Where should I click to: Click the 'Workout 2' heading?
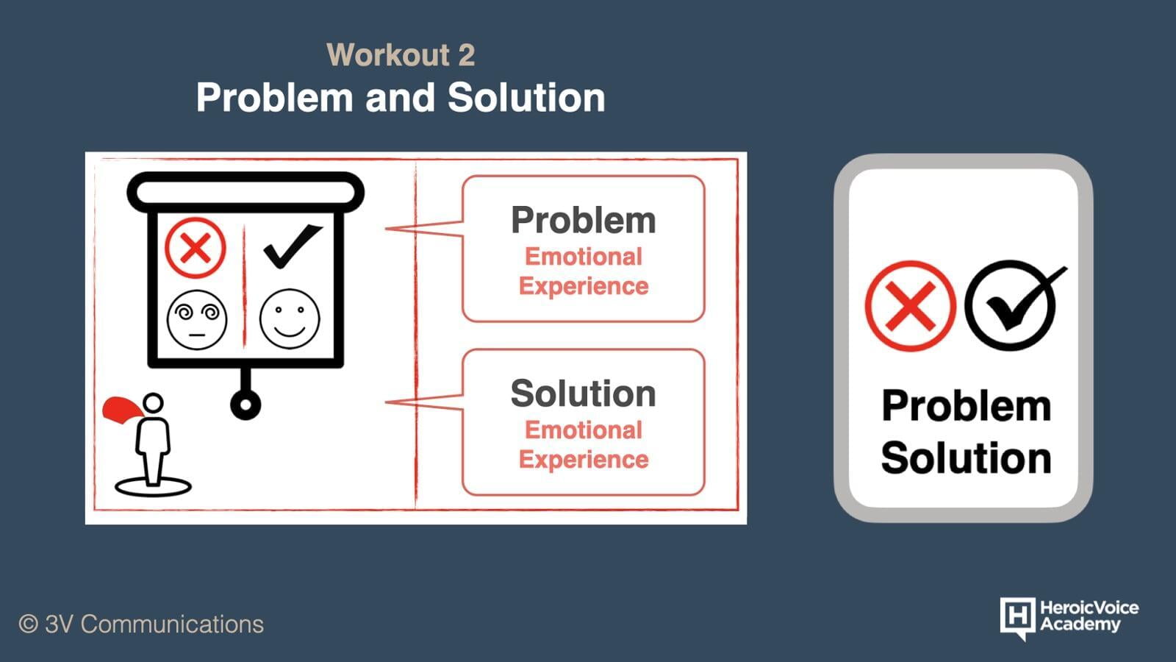[401, 54]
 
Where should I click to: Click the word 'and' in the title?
[400, 98]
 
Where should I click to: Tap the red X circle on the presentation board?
[196, 247]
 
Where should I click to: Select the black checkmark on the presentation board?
[293, 246]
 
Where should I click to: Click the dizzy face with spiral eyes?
[197, 319]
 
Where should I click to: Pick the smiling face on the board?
[290, 319]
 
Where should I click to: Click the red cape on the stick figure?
[123, 410]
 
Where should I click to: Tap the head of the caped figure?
[154, 404]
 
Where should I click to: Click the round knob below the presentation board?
[245, 405]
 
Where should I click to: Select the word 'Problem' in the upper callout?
[584, 220]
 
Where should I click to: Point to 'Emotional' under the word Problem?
[584, 257]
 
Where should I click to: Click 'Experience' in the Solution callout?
[584, 460]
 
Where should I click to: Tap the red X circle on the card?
[911, 306]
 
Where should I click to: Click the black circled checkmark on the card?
[1014, 305]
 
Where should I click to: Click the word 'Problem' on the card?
[966, 406]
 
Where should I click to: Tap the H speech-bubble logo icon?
[1018, 618]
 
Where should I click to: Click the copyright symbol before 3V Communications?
[29, 624]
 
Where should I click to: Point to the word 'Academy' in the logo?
[1080, 624]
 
